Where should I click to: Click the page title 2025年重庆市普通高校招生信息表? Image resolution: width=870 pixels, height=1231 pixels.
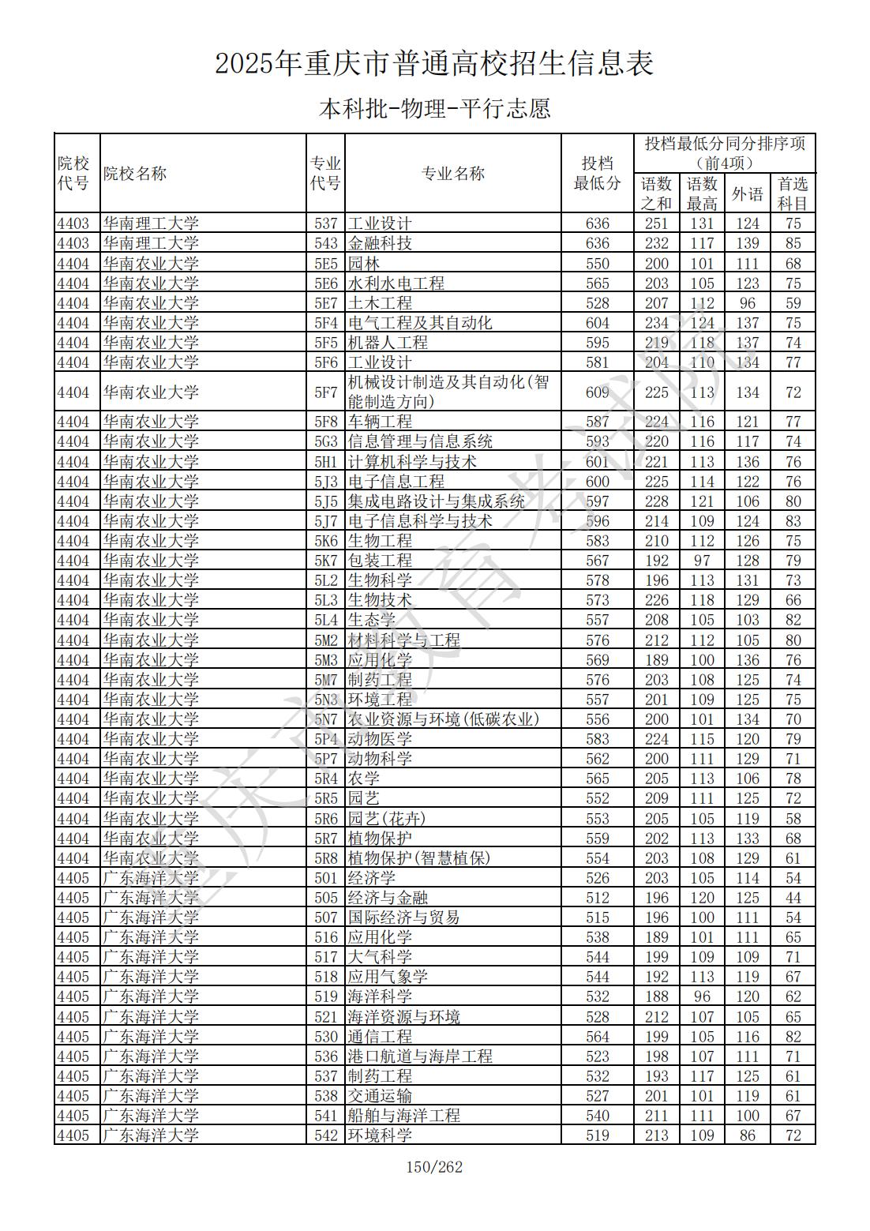pyautogui.click(x=434, y=64)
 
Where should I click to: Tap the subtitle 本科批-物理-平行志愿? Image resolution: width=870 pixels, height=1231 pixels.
pyautogui.click(x=434, y=108)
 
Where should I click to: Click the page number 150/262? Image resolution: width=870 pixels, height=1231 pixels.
pyautogui.click(x=434, y=1166)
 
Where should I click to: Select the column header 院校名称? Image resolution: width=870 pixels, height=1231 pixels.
pyautogui.click(x=135, y=174)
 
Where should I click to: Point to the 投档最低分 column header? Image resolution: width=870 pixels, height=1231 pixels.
pyautogui.click(x=597, y=174)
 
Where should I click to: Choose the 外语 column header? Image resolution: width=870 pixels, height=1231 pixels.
pyautogui.click(x=747, y=193)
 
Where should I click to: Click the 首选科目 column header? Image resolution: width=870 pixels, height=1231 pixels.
pyautogui.click(x=793, y=193)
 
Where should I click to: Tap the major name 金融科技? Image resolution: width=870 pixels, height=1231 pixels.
pyautogui.click(x=381, y=243)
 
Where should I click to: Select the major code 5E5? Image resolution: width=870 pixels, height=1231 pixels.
pyautogui.click(x=325, y=264)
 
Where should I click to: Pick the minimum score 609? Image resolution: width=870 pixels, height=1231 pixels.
pyautogui.click(x=597, y=392)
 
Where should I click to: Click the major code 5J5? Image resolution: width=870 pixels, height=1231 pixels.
pyautogui.click(x=325, y=501)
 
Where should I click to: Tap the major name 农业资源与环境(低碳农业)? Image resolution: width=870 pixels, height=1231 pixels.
pyautogui.click(x=444, y=719)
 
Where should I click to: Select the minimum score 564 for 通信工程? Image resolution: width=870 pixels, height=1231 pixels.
pyautogui.click(x=597, y=1037)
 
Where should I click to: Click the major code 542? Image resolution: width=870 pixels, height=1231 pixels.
pyautogui.click(x=325, y=1135)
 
